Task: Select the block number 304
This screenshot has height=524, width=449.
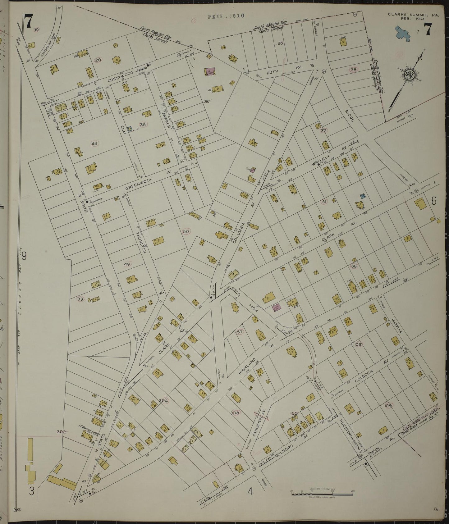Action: click(x=163, y=400)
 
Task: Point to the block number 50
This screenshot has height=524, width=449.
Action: click(x=186, y=231)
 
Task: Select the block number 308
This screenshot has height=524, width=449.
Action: click(x=235, y=413)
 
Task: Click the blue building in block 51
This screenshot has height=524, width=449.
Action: click(x=362, y=196)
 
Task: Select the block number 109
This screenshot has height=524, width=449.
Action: click(x=388, y=406)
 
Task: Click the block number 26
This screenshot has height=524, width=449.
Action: click(x=280, y=43)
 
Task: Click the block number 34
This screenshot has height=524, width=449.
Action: click(x=94, y=143)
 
